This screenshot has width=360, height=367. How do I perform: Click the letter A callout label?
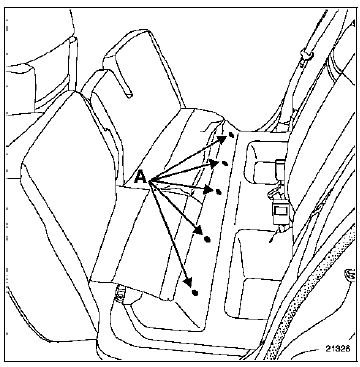pos(141,177)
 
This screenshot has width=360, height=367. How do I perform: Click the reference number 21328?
pos(337,349)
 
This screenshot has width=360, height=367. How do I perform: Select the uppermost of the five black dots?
pos(231,135)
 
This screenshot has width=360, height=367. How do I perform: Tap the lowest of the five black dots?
pos(195,293)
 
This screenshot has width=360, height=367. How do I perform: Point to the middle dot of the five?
pos(219,192)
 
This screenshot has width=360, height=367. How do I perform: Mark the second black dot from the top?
pos(225,163)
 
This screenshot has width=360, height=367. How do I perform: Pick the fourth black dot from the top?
pos(207,239)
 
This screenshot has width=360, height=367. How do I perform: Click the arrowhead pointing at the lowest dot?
pos(189,282)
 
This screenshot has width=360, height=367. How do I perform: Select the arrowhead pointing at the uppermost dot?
pos(222,139)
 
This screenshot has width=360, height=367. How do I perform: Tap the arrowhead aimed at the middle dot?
pos(209,190)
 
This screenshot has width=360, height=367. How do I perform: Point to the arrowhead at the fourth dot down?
pos(199,230)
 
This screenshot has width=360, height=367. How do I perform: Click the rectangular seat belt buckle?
pos(280,212)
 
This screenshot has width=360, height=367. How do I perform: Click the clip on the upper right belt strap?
pos(305,56)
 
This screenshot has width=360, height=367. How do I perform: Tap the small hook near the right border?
pos(349,274)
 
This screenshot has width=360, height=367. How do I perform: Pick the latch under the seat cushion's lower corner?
pos(119,293)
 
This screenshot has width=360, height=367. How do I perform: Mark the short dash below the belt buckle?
pos(273,238)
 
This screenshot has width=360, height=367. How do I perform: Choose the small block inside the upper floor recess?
pos(281,167)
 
